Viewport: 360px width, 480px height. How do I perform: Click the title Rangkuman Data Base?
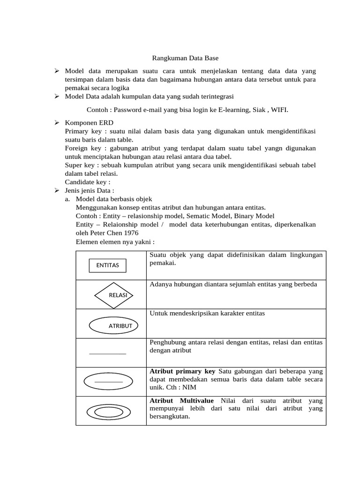pos(185,59)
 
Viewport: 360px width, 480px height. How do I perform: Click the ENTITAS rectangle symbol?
pos(107,265)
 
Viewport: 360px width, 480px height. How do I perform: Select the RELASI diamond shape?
pos(114,295)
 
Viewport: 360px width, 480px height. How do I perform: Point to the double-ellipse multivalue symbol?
pos(110,411)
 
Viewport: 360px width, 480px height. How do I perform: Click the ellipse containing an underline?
pos(109,382)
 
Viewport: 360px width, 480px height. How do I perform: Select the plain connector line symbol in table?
pos(108,353)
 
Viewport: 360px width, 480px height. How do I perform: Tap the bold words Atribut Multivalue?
pos(181,401)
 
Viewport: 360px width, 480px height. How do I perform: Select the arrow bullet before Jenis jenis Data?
pos(56,190)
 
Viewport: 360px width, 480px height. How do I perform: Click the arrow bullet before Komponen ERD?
pos(56,122)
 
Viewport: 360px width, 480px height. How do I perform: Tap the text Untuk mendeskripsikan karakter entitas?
pos(207,313)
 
